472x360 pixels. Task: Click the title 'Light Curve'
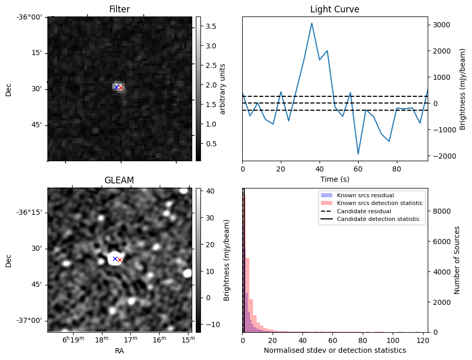click(x=334, y=9)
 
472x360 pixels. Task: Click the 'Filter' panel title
click(x=120, y=9)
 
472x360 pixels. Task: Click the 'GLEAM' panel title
click(x=119, y=180)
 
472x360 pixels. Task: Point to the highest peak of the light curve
click(x=312, y=23)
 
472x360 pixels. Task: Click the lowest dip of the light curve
click(x=358, y=154)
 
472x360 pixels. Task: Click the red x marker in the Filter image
click(x=120, y=88)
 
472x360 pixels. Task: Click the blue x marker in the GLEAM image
click(x=115, y=259)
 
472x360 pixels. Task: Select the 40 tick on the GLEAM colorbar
click(x=207, y=191)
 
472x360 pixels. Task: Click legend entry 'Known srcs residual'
click(x=365, y=196)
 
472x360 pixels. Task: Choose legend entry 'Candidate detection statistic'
click(x=378, y=219)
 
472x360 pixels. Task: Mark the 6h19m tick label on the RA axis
click(x=73, y=340)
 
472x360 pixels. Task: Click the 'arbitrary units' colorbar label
click(x=223, y=89)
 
